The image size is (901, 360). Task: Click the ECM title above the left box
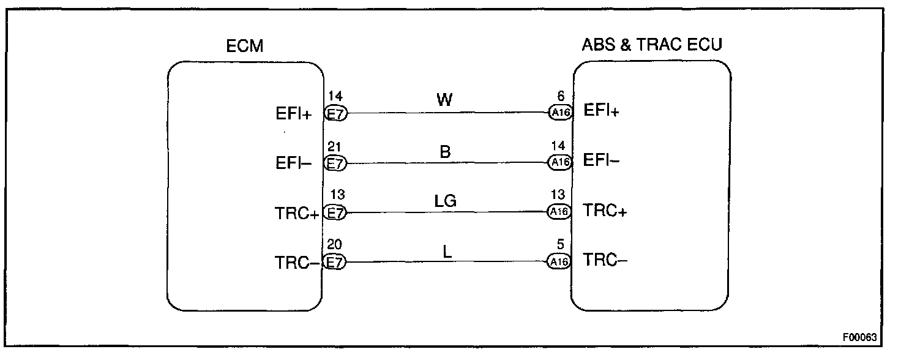click(245, 46)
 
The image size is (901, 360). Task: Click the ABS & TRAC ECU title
click(651, 45)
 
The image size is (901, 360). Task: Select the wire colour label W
click(445, 100)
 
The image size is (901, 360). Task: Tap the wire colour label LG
click(446, 200)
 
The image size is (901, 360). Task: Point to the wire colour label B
click(446, 151)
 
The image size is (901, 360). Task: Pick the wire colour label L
click(447, 250)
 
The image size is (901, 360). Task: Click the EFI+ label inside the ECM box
click(294, 114)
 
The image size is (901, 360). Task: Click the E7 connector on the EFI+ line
click(335, 114)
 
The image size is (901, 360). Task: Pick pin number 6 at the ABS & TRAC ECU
click(560, 96)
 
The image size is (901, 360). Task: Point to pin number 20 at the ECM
click(335, 245)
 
